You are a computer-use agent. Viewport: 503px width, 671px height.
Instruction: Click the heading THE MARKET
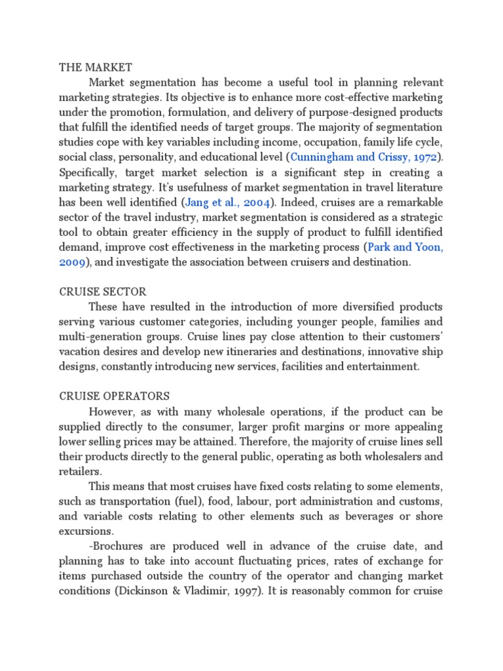point(96,67)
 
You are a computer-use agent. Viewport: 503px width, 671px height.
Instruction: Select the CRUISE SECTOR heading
point(103,291)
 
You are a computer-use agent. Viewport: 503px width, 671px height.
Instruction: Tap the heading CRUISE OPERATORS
point(115,396)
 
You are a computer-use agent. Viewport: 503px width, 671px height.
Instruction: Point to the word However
point(112,411)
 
